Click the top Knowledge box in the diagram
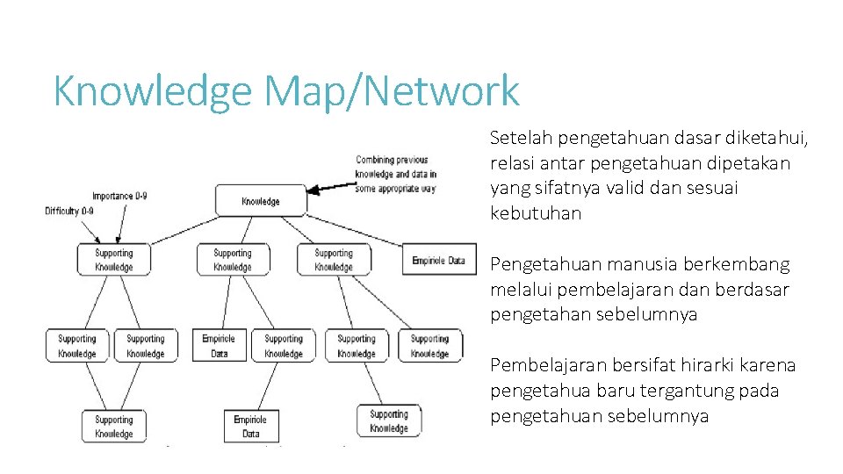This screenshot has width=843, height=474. (261, 201)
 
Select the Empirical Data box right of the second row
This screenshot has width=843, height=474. (439, 260)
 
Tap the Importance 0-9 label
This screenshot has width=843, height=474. (119, 196)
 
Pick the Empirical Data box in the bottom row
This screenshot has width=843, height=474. (251, 426)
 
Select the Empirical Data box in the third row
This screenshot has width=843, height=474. (219, 346)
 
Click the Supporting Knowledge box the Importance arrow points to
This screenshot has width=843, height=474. (113, 260)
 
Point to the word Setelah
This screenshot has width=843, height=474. (521, 138)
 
